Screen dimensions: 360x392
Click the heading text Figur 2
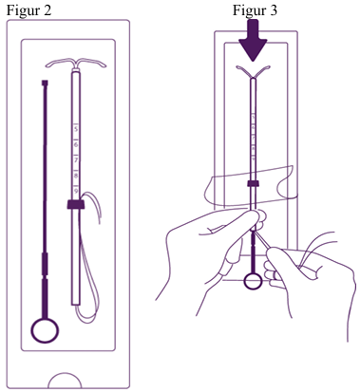[x=28, y=10]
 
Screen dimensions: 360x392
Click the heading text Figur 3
[x=255, y=10]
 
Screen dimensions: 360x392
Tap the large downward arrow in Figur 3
[x=253, y=40]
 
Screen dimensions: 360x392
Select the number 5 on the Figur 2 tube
[x=76, y=129]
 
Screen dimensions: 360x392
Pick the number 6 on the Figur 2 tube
[x=76, y=144]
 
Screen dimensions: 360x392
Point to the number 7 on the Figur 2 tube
[x=76, y=160]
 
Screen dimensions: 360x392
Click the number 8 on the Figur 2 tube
[x=76, y=176]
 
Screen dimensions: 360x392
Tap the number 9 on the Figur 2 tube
[x=76, y=191]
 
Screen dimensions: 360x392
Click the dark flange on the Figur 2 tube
[x=76, y=204]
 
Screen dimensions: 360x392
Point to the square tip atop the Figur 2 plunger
[x=45, y=83]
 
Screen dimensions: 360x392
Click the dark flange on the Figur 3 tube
[x=254, y=183]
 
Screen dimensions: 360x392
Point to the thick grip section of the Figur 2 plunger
[x=45, y=263]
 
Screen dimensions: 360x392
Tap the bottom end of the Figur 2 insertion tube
[x=76, y=305]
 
